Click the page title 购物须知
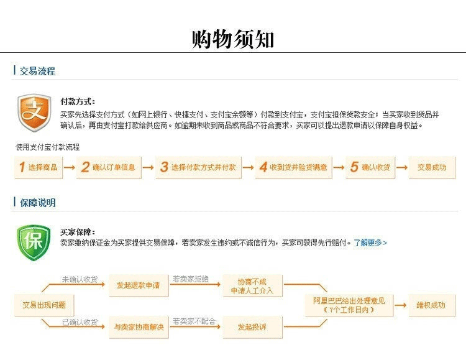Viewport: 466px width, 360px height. pos(233,39)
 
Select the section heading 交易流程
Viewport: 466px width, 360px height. pos(37,71)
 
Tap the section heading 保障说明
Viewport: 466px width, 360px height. pos(37,203)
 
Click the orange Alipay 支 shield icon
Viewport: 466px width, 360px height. pos(34,113)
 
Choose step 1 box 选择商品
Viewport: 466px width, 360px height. pos(39,167)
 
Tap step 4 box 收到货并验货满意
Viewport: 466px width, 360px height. pos(294,167)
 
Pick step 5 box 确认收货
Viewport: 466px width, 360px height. pos(370,167)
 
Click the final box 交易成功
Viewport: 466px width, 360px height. pos(431,167)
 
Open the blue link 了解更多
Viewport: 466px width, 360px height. pos(370,242)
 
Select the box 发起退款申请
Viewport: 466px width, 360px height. pos(138,285)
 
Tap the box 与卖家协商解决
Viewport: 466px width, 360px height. pos(138,326)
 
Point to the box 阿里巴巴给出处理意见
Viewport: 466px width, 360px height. pos(349,305)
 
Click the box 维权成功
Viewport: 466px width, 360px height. pos(431,305)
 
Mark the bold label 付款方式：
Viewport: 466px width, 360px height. pos(78,101)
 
